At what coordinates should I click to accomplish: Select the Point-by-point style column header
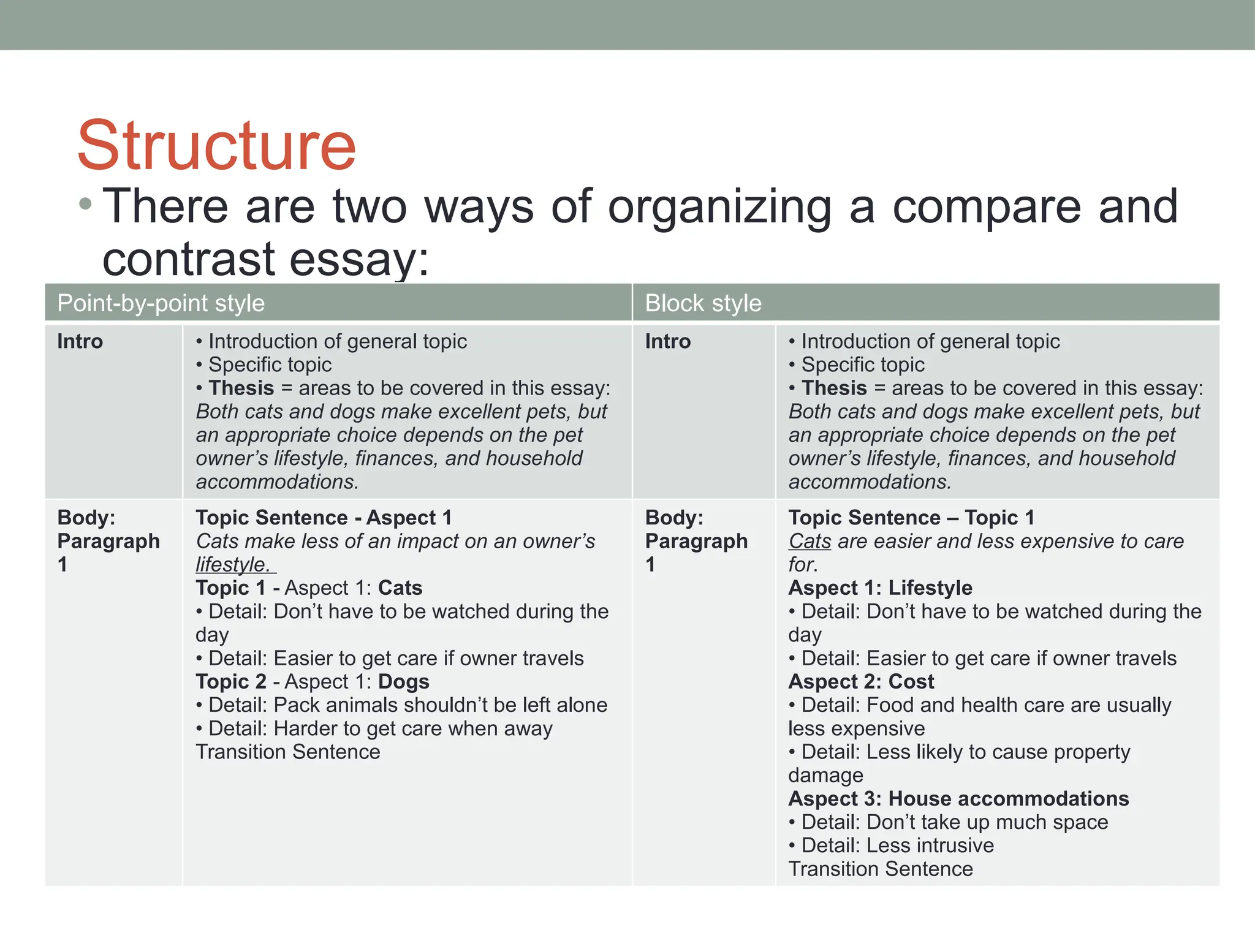[x=161, y=303]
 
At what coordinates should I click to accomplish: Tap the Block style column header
[x=703, y=303]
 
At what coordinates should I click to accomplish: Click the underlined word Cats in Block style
[x=809, y=542]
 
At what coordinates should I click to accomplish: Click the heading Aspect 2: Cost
[x=861, y=682]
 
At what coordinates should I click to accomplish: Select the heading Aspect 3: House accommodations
[x=958, y=799]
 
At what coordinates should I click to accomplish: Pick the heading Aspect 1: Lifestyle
[x=880, y=588]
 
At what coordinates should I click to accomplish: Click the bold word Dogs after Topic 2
[x=404, y=682]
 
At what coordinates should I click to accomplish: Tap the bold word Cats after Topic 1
[x=400, y=588]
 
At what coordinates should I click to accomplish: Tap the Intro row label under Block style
[x=667, y=341]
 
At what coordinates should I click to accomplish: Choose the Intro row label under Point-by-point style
[x=80, y=341]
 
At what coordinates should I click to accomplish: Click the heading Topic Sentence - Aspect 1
[x=324, y=518]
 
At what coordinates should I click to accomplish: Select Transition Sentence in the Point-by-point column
[x=288, y=752]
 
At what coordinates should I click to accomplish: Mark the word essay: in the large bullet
[x=359, y=260]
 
